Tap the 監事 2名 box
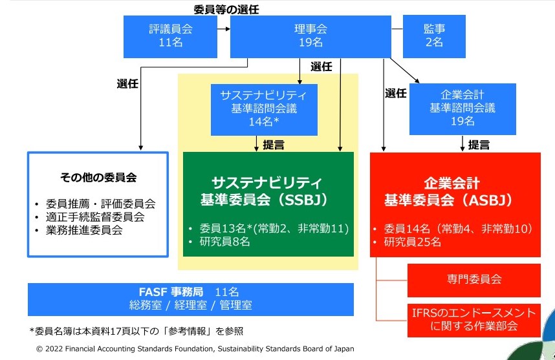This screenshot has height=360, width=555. pyautogui.click(x=433, y=36)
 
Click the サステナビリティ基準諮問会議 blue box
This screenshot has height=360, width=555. pyautogui.click(x=264, y=109)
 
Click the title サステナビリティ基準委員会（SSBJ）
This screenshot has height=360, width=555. pyautogui.click(x=268, y=189)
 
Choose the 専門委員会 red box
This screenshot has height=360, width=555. pyautogui.click(x=474, y=279)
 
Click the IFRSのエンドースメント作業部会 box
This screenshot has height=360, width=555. pyautogui.click(x=474, y=319)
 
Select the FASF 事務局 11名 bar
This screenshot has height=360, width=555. pyautogui.click(x=191, y=298)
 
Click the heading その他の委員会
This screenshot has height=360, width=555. pyautogui.click(x=98, y=176)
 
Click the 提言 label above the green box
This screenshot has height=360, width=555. pyautogui.click(x=273, y=145)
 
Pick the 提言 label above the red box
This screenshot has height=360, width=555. pyautogui.click(x=479, y=145)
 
